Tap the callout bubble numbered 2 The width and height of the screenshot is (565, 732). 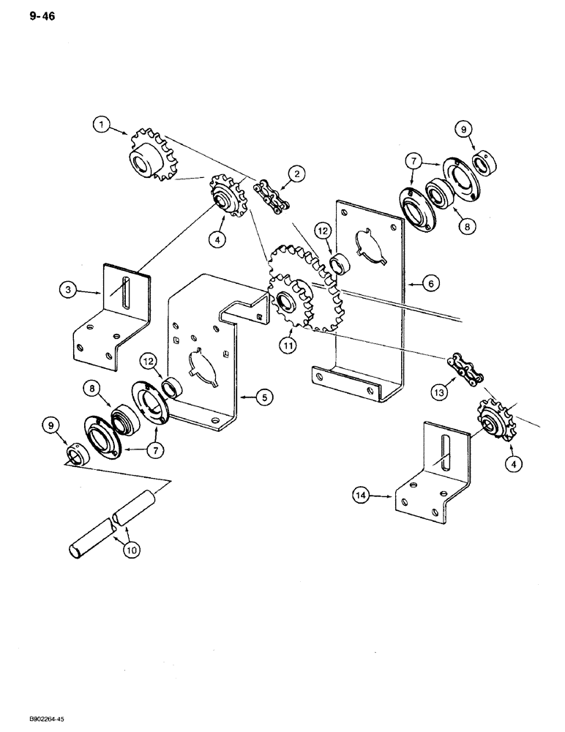click(x=296, y=173)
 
